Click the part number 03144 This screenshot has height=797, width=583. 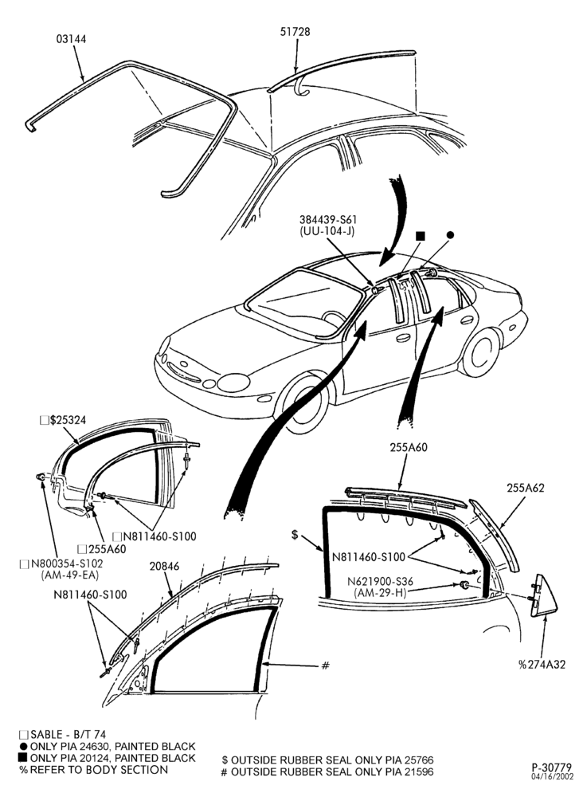click(71, 39)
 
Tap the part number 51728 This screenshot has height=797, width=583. click(295, 32)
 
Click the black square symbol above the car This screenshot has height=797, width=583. click(420, 235)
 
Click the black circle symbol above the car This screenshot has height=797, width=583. click(449, 235)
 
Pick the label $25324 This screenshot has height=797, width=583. click(68, 420)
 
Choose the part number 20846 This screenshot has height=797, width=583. click(165, 566)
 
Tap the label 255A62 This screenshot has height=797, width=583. click(525, 488)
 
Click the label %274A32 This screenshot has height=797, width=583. click(542, 665)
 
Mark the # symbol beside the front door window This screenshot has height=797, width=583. click(326, 665)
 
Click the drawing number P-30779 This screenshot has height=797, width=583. click(552, 767)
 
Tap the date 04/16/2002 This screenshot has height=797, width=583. click(553, 776)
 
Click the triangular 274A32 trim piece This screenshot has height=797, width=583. click(543, 595)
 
